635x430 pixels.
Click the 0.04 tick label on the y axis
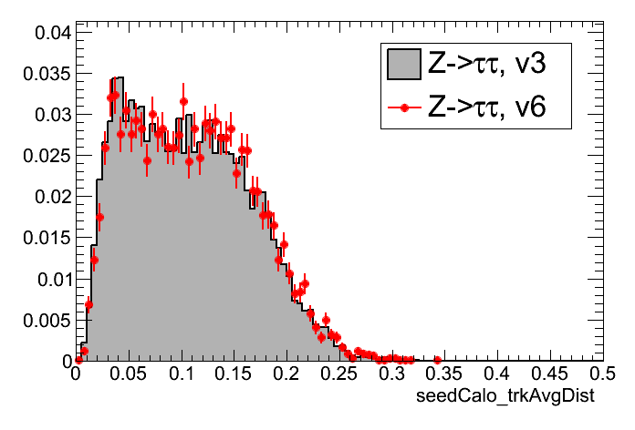point(51,33)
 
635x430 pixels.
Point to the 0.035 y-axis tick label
point(47,74)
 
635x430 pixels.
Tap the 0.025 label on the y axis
point(47,156)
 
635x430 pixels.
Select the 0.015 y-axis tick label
point(47,238)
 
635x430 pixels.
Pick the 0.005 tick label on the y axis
point(47,320)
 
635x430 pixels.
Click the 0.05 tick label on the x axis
point(129,374)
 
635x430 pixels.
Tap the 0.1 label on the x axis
point(182,374)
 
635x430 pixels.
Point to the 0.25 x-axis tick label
point(339,374)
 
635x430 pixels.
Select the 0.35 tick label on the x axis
point(444,374)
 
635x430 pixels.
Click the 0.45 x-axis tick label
point(549,374)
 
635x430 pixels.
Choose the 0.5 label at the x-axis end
point(600,374)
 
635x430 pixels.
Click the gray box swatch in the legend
point(402,64)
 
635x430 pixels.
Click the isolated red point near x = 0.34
point(437,359)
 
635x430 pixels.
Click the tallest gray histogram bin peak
point(117,78)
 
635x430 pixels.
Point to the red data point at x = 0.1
point(183,102)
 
